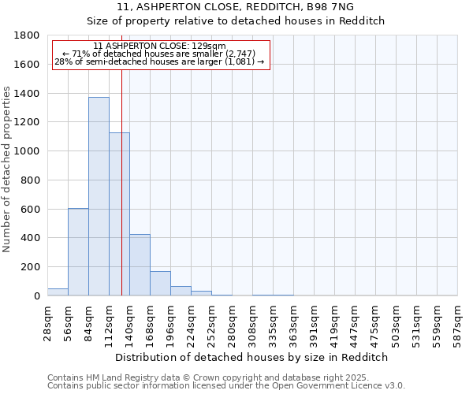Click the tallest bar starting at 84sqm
coord(99,196)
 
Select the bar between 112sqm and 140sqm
coord(119,214)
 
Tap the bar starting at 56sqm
coord(78,251)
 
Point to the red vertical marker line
coord(122,181)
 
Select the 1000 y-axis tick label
coord(28,151)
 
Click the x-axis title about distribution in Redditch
coord(251,357)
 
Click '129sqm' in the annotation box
coord(212,46)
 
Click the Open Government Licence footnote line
coord(226,386)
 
